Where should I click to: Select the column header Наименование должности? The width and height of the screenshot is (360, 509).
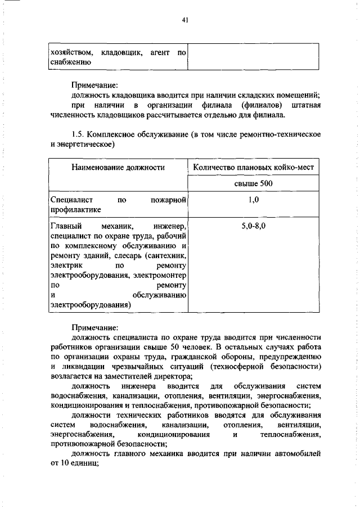coord(118,167)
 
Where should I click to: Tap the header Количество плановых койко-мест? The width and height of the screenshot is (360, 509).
coord(253,167)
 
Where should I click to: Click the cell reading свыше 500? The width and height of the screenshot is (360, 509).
coord(253,183)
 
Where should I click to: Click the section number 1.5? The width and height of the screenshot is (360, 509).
coord(78,134)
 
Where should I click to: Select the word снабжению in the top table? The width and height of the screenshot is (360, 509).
coord(67,62)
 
